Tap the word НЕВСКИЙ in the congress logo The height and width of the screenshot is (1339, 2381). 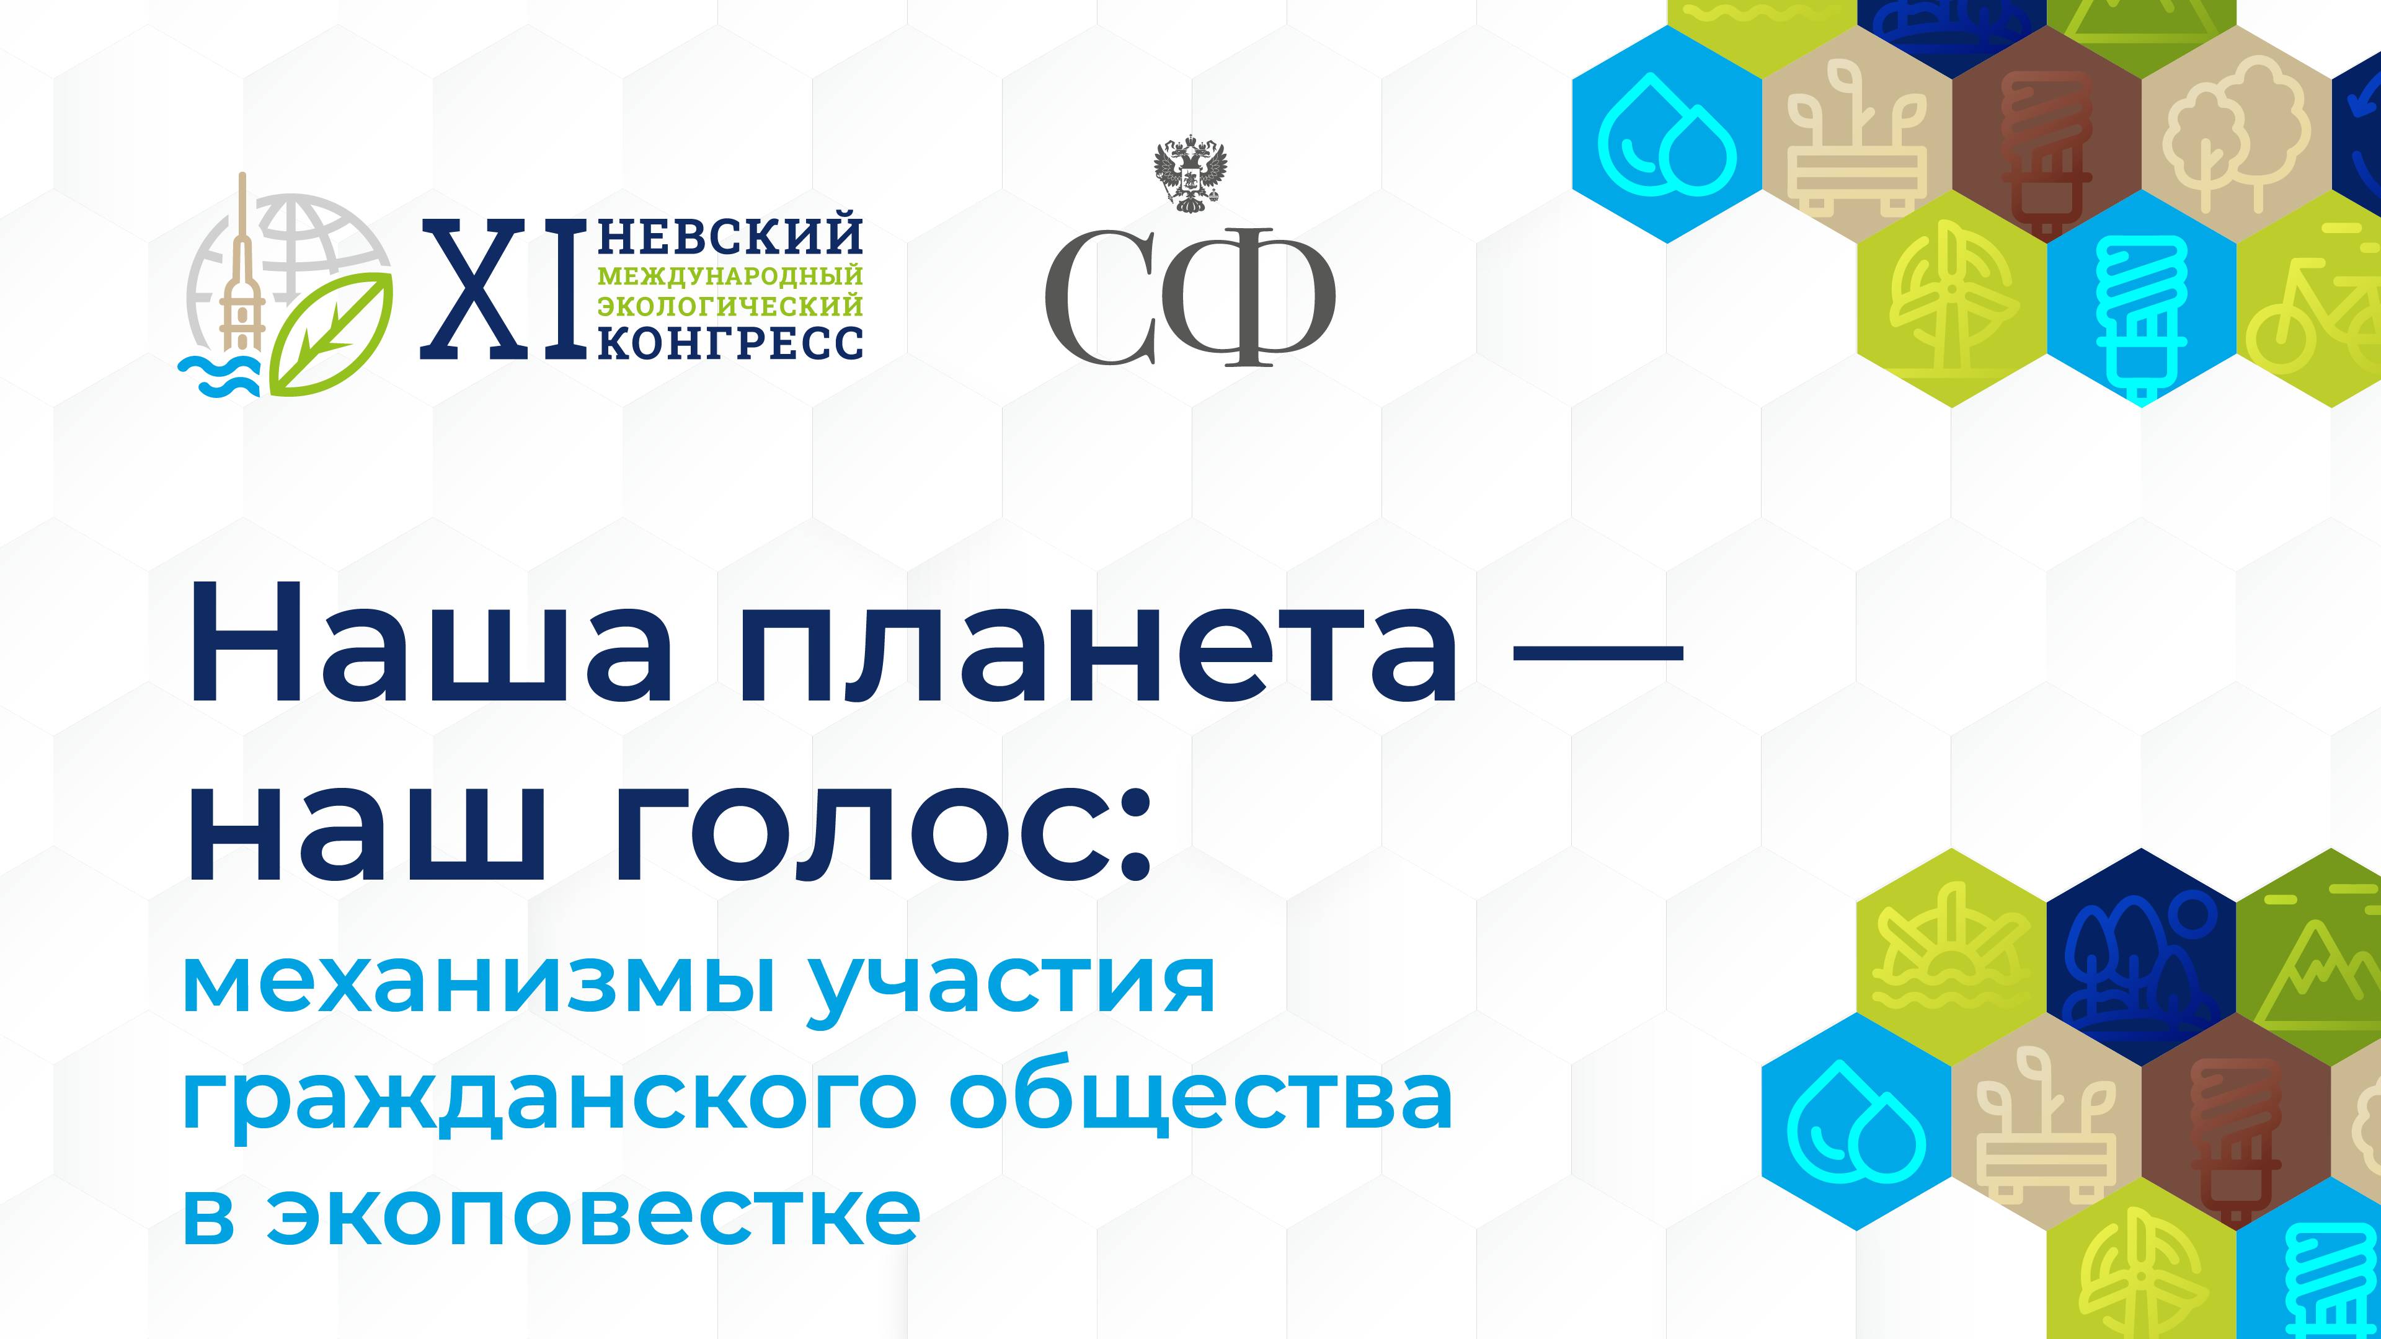tap(730, 237)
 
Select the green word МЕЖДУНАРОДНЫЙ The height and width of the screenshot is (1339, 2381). tap(730, 275)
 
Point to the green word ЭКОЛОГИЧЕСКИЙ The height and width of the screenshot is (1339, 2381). tap(730, 305)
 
